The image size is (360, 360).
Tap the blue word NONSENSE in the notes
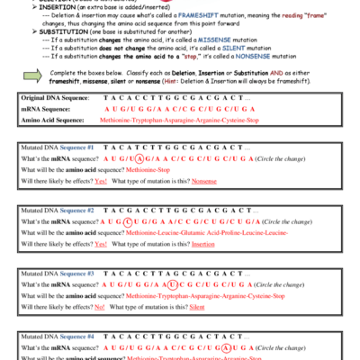coord(270,55)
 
